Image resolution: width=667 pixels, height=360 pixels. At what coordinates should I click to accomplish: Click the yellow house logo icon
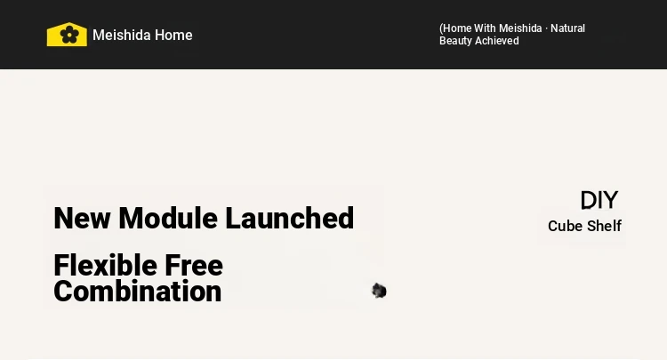67,34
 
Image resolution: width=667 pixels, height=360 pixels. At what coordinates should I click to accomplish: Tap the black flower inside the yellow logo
68,35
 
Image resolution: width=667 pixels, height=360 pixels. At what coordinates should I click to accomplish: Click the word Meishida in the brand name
121,35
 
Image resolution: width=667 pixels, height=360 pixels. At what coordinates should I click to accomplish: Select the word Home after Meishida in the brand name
173,35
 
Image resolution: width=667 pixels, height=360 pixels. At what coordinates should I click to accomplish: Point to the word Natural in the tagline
568,28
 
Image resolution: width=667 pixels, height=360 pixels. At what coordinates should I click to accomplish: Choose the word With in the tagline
485,28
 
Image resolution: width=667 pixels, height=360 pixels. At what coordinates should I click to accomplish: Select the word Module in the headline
168,218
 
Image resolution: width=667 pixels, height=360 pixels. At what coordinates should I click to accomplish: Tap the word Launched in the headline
289,218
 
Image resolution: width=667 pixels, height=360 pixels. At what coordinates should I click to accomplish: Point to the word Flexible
106,265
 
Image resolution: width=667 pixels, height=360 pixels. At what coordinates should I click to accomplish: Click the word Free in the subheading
194,265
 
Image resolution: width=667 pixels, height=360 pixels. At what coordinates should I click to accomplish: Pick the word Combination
137,292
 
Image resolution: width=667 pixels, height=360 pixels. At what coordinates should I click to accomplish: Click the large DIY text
599,200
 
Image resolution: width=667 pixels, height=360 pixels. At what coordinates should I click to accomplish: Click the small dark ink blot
379,292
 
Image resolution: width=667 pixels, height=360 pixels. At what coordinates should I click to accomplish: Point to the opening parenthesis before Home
441,28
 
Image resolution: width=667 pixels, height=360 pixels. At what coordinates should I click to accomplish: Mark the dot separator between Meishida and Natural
546,29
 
